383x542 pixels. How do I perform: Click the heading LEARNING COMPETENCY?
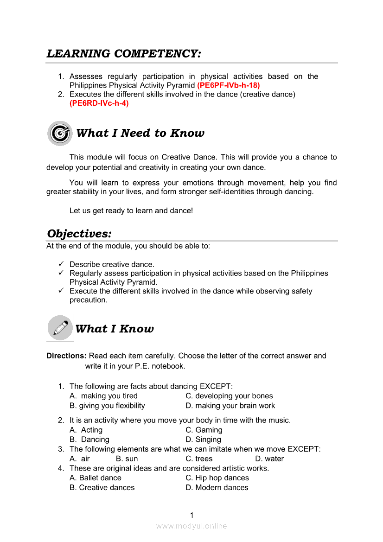124,54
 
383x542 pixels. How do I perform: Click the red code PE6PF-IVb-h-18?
229,85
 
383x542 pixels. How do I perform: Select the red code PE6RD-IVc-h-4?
99,103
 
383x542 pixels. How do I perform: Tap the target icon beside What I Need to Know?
60,134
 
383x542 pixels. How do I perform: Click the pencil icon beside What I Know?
60,328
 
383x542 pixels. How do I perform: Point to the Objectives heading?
79,233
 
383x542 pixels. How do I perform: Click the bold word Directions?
66,356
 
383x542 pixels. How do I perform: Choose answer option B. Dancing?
89,440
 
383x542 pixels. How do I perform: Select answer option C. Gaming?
204,430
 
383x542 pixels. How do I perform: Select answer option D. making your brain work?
230,406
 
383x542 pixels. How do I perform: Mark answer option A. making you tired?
103,396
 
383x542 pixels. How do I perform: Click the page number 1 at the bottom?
191,515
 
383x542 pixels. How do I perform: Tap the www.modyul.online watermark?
191,526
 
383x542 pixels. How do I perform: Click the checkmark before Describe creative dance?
61,264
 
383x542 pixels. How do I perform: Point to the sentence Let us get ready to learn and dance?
131,210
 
